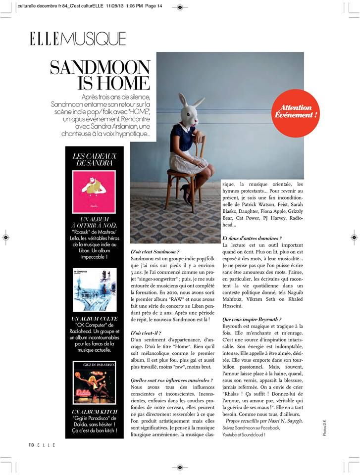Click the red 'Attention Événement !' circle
pos(296,112)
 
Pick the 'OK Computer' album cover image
pos(94,289)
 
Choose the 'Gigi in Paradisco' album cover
pos(94,382)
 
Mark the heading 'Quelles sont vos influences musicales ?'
pos(171,380)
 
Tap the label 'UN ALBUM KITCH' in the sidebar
pos(94,412)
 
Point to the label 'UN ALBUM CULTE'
pos(94,319)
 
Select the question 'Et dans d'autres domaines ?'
pos(253,238)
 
